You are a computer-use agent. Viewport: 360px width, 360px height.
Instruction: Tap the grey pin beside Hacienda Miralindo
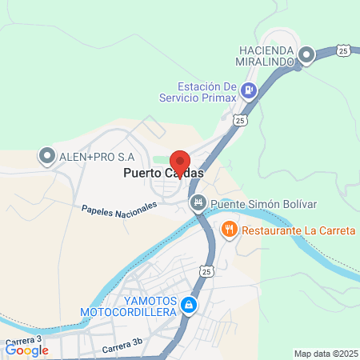pyautogui.click(x=306, y=55)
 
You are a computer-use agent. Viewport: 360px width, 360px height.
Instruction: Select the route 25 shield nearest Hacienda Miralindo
pyautogui.click(x=342, y=51)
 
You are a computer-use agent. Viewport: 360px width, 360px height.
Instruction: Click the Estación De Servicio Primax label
pyautogui.click(x=207, y=93)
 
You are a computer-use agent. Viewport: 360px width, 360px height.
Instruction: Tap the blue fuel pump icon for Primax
pyautogui.click(x=249, y=90)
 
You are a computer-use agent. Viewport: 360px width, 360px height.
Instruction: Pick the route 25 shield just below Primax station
pyautogui.click(x=239, y=119)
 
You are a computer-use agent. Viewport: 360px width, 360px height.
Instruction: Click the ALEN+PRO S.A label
pyautogui.click(x=97, y=156)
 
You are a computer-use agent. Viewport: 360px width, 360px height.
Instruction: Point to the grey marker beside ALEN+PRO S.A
pyautogui.click(x=46, y=156)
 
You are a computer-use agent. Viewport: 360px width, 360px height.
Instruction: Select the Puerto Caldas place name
pyautogui.click(x=162, y=173)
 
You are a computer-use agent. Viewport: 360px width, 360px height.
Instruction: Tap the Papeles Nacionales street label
pyautogui.click(x=118, y=209)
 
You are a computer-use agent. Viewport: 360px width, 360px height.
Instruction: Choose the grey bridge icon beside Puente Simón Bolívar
pyautogui.click(x=197, y=204)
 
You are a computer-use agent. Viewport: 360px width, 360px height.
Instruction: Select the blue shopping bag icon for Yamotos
pyautogui.click(x=188, y=305)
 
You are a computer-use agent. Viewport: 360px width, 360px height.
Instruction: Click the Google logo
pyautogui.click(x=27, y=350)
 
